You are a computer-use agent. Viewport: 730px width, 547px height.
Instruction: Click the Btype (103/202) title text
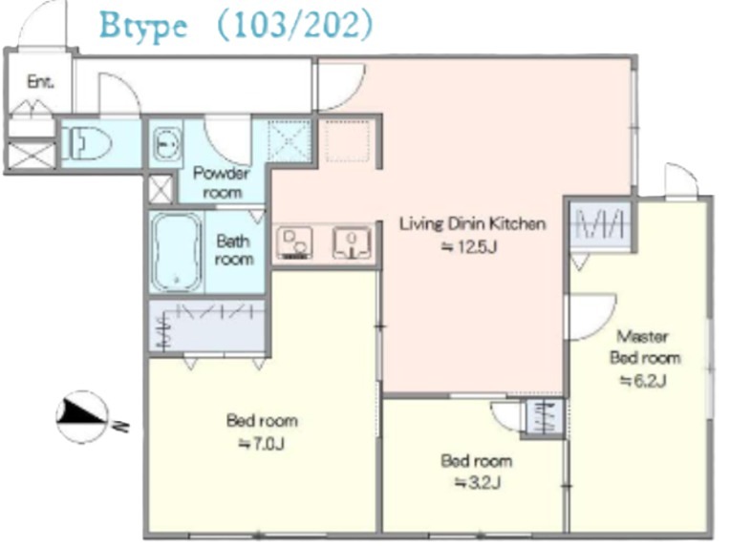click(236, 25)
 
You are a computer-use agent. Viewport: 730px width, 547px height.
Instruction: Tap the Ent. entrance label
click(40, 82)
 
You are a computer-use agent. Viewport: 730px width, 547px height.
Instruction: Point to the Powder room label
click(222, 182)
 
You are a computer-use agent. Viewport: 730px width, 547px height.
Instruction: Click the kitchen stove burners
click(294, 242)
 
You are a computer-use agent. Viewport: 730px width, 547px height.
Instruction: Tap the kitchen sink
click(352, 242)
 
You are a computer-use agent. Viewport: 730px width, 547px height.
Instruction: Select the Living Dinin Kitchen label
click(473, 223)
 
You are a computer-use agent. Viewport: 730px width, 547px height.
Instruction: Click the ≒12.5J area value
click(469, 246)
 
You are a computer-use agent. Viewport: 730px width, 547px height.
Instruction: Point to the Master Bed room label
click(645, 347)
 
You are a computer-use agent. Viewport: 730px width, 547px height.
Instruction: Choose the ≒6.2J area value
click(643, 381)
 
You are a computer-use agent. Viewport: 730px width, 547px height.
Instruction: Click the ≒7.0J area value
click(262, 444)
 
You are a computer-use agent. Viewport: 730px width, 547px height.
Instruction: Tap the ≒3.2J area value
click(477, 483)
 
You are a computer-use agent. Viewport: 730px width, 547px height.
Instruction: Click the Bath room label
click(234, 250)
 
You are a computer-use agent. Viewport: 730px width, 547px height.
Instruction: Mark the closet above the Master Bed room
click(600, 225)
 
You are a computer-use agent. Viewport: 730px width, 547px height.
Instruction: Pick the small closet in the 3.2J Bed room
click(545, 417)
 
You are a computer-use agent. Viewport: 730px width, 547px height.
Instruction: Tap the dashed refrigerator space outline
click(348, 141)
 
